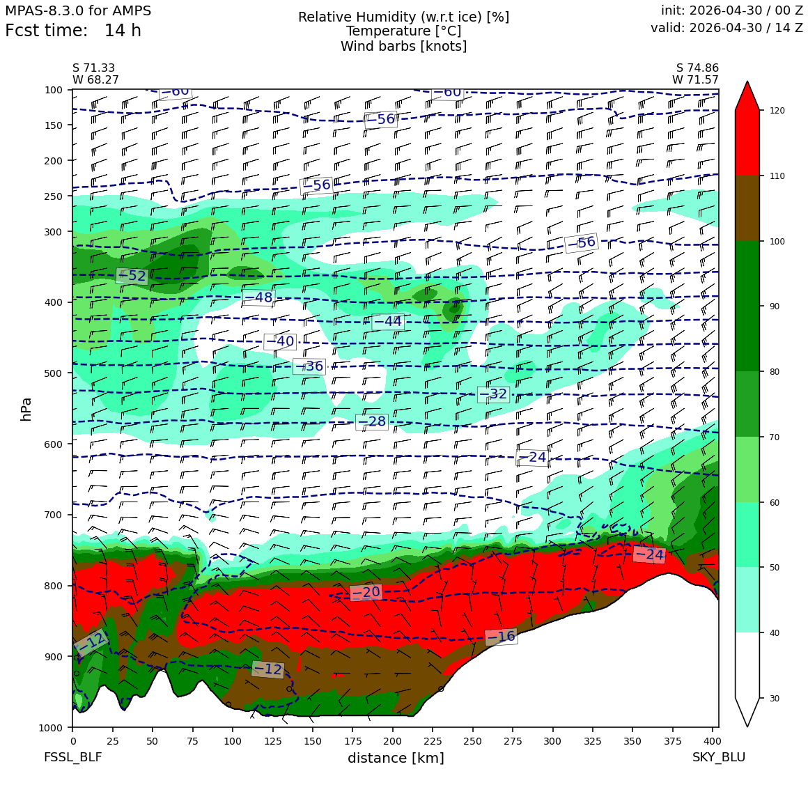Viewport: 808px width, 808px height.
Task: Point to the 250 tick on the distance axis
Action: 472,741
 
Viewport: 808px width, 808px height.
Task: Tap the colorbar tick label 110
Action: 777,176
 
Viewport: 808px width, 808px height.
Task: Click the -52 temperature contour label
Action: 132,277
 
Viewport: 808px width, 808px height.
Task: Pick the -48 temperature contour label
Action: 258,297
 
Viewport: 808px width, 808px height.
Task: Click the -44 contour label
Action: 387,322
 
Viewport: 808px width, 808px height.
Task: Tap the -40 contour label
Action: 280,341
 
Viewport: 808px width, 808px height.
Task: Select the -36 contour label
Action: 309,366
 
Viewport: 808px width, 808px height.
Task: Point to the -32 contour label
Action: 494,394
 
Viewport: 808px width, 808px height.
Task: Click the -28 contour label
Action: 372,421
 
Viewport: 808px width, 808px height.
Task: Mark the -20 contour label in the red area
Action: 366,593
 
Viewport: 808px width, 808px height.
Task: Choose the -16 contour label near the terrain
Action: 502,637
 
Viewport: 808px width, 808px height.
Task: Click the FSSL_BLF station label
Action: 72,757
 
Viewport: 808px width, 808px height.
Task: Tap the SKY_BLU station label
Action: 719,757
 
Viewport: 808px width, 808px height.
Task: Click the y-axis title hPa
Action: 26,409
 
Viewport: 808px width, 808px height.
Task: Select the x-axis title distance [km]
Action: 396,758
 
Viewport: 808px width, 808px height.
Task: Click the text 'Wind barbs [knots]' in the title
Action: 403,47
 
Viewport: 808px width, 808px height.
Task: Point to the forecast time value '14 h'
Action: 123,31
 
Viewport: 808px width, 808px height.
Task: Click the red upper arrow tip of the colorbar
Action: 747,81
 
